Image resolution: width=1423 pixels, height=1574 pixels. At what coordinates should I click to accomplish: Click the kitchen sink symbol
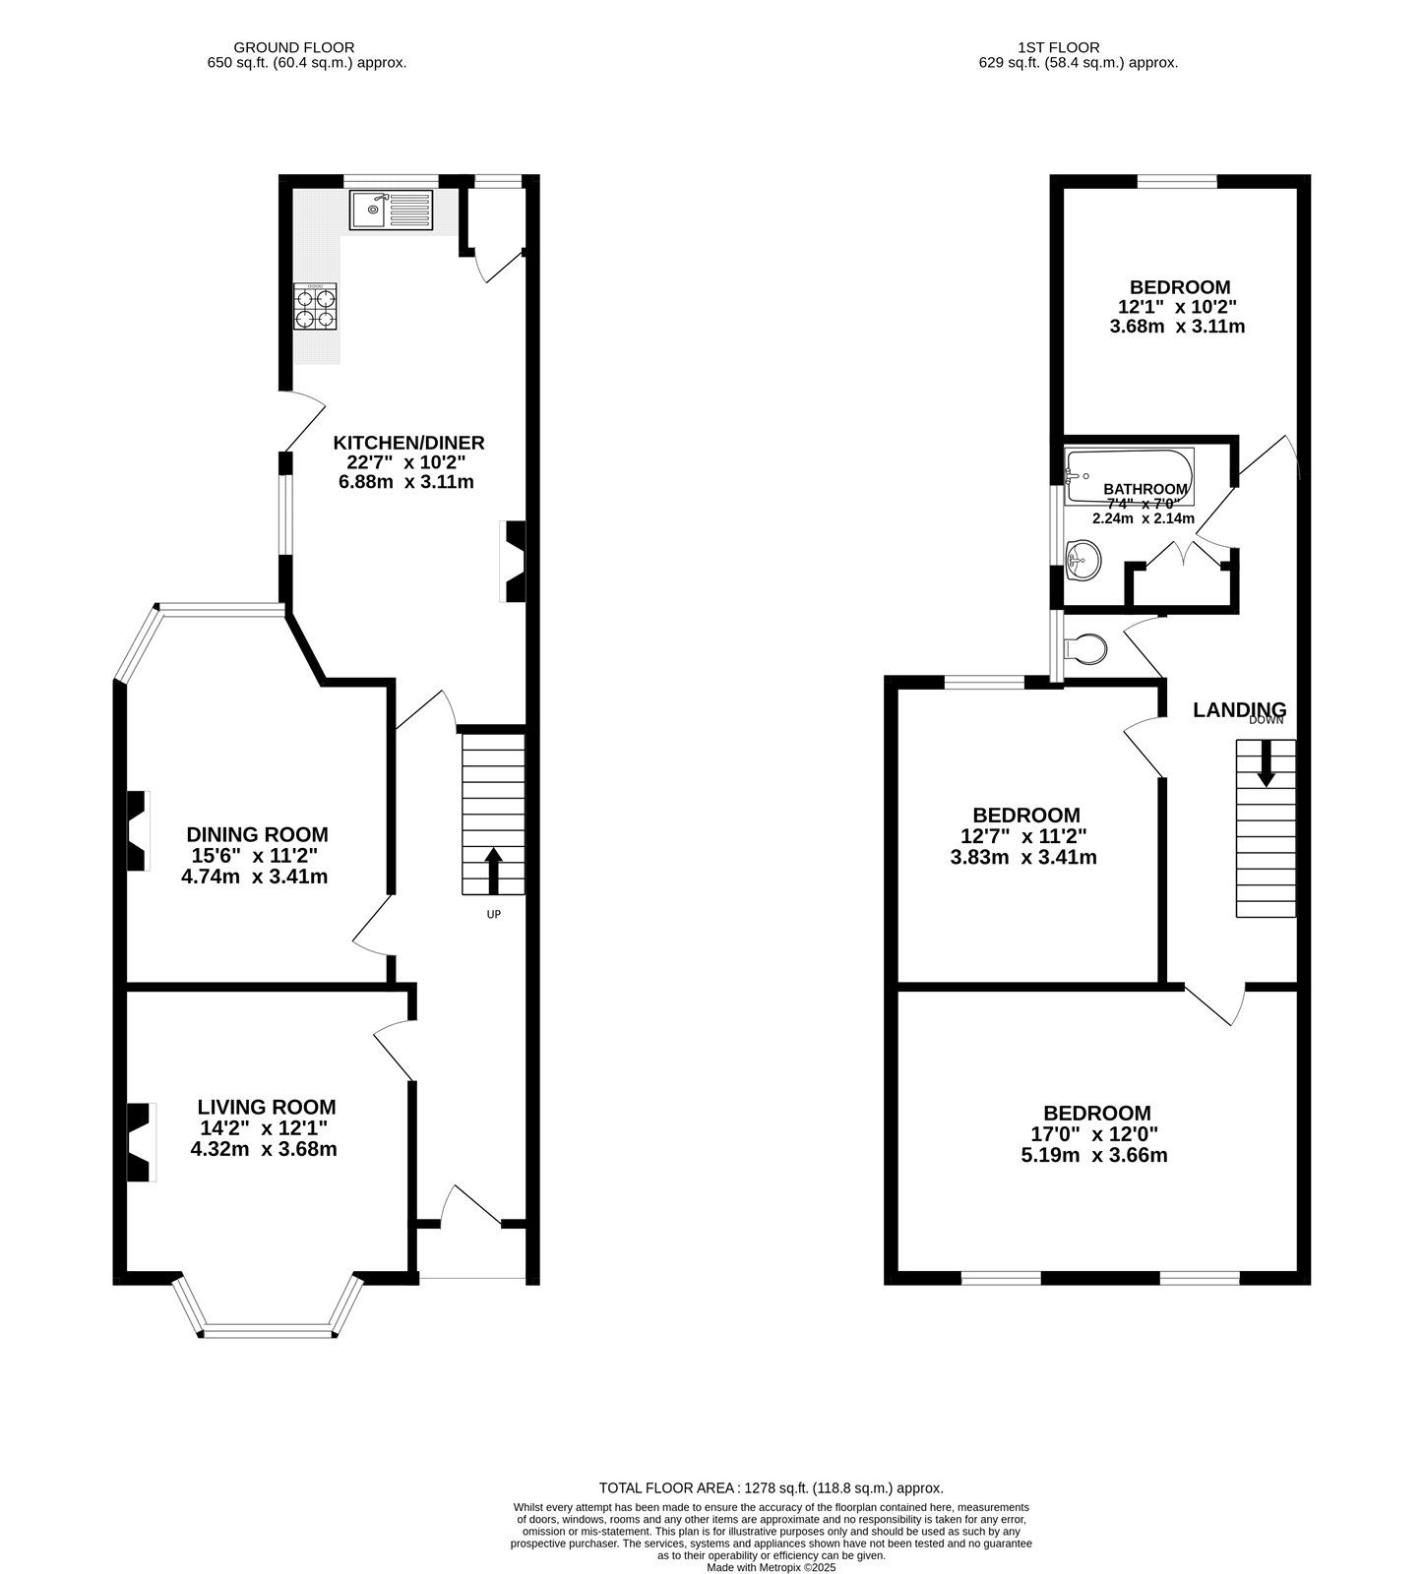(x=391, y=210)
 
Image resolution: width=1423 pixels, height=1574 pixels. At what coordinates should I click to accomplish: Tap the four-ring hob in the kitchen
(x=315, y=307)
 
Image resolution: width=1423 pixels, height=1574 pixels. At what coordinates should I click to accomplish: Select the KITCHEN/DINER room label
(x=408, y=443)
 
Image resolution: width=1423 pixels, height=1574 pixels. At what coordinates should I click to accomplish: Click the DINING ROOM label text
(x=257, y=834)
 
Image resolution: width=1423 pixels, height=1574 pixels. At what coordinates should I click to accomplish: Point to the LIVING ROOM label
(x=267, y=1108)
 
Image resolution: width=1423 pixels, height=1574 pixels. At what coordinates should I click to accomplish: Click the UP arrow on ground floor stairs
(x=494, y=869)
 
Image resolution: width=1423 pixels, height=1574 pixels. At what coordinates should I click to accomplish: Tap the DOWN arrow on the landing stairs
(x=1266, y=762)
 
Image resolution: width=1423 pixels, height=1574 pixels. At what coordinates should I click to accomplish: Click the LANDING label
(x=1239, y=709)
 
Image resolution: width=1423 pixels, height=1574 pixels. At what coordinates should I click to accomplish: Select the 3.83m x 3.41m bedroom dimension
(x=1023, y=857)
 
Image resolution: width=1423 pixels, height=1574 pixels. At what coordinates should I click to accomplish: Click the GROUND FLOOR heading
(x=293, y=47)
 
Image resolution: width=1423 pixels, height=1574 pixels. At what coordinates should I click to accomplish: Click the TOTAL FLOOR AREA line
(x=771, y=1488)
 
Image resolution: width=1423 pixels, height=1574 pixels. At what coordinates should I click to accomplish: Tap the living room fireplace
(x=141, y=1142)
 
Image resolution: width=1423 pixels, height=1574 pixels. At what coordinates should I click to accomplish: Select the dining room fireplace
(x=139, y=830)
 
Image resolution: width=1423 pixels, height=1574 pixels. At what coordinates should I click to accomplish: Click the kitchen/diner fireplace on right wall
(x=514, y=561)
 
